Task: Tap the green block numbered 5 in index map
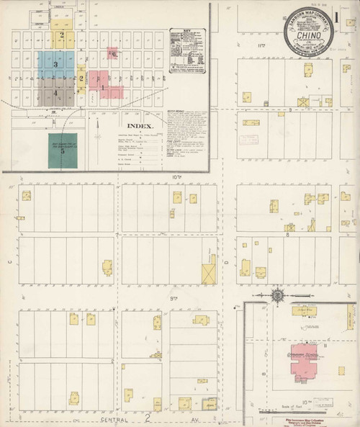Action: pos(63,150)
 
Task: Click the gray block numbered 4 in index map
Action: pos(55,92)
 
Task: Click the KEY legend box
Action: pos(187,51)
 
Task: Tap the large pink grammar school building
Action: pos(304,361)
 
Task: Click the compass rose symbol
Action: pos(277,295)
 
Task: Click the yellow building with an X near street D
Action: pos(209,274)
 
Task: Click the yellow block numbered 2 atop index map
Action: pos(62,36)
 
